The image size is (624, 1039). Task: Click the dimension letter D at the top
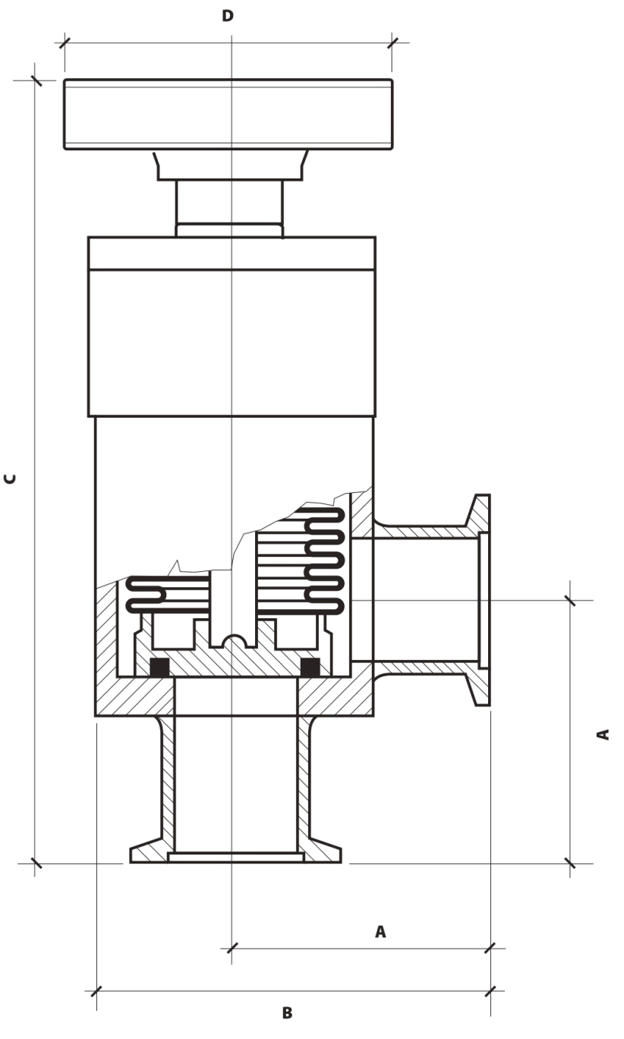click(228, 16)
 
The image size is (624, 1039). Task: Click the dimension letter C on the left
click(10, 479)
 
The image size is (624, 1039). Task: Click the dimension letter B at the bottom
click(288, 1013)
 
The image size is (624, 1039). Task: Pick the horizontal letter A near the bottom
click(380, 931)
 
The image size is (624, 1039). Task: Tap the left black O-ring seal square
click(159, 667)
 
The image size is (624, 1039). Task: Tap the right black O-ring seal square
click(310, 667)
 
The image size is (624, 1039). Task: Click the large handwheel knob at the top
click(228, 114)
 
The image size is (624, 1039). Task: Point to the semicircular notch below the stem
click(233, 640)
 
